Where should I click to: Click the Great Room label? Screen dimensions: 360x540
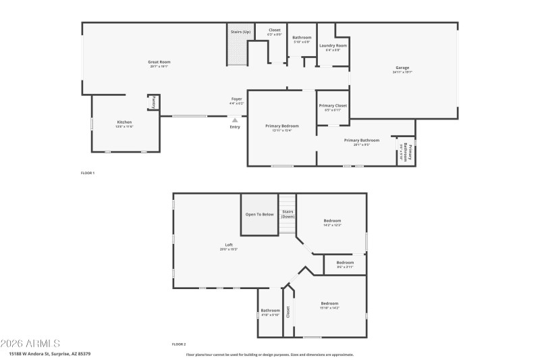pyautogui.click(x=159, y=62)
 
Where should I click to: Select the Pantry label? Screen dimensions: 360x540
pyautogui.click(x=153, y=103)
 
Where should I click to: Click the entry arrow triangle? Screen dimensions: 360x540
pyautogui.click(x=235, y=120)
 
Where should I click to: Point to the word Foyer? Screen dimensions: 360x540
pyautogui.click(x=236, y=99)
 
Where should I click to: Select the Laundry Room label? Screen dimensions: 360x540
pyautogui.click(x=333, y=46)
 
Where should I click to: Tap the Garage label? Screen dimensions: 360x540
pyautogui.click(x=402, y=68)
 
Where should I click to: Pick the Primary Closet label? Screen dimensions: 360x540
pyautogui.click(x=333, y=105)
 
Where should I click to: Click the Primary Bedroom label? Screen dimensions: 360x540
pyautogui.click(x=281, y=126)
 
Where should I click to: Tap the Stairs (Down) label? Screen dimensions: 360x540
pyautogui.click(x=288, y=214)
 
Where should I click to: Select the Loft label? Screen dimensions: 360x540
pyautogui.click(x=228, y=245)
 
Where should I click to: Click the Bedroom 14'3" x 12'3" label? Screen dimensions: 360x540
pyautogui.click(x=332, y=221)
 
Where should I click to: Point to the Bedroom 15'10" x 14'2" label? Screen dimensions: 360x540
pyautogui.click(x=330, y=304)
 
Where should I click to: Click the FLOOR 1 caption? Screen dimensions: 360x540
pyautogui.click(x=88, y=174)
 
